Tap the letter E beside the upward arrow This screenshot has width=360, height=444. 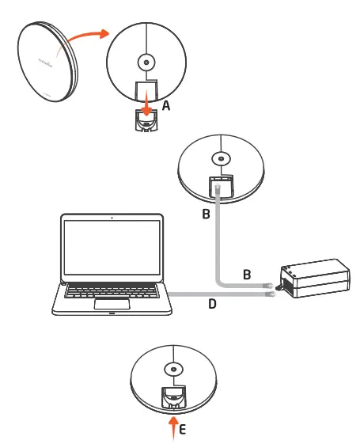pyautogui.click(x=184, y=432)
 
